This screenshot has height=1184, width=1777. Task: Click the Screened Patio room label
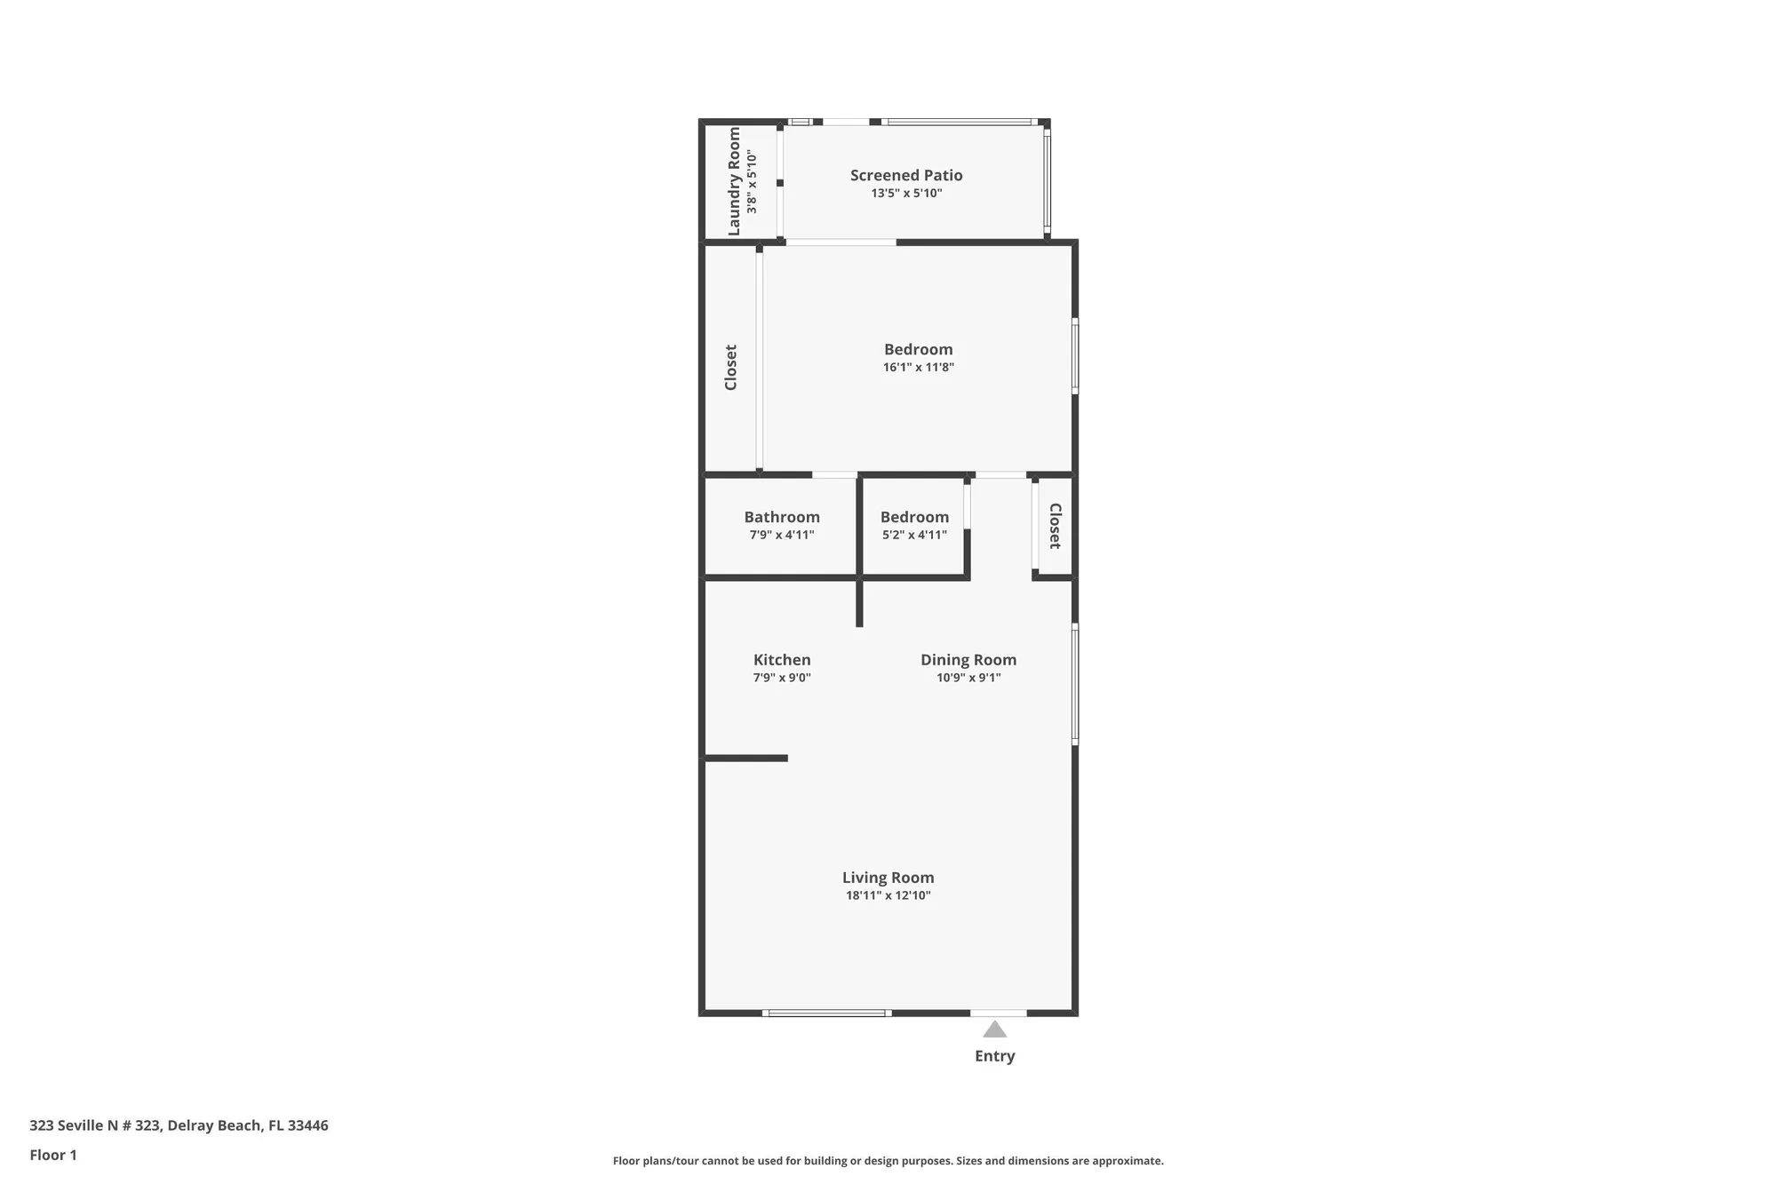click(906, 175)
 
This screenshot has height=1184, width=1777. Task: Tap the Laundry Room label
click(734, 181)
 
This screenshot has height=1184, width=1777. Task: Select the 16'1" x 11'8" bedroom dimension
click(918, 367)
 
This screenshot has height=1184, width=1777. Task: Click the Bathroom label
click(782, 517)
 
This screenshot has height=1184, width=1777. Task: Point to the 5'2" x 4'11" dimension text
click(914, 535)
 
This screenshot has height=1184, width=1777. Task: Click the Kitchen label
click(782, 660)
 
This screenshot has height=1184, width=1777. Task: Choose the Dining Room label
click(968, 660)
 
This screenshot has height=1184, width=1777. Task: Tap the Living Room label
click(888, 878)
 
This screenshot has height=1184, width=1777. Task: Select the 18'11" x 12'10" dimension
click(888, 895)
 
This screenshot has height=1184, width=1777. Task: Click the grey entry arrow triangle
click(994, 1029)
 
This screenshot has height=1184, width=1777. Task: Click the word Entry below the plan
click(994, 1056)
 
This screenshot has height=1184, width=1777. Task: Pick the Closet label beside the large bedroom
click(731, 367)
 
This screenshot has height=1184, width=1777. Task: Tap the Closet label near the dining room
click(1055, 526)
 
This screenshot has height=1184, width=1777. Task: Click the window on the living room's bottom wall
click(827, 1013)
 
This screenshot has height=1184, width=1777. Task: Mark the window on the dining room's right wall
click(1075, 684)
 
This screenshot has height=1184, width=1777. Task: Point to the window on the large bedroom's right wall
click(1075, 356)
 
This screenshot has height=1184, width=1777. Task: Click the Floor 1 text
click(53, 1155)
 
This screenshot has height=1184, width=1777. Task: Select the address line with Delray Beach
click(179, 1125)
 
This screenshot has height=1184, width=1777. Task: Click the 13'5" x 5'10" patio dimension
click(906, 193)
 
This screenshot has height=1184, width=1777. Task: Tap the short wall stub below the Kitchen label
click(746, 758)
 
